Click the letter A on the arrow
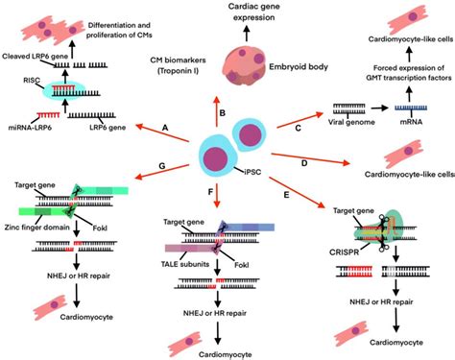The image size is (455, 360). point(165,128)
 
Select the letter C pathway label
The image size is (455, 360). point(298,127)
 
